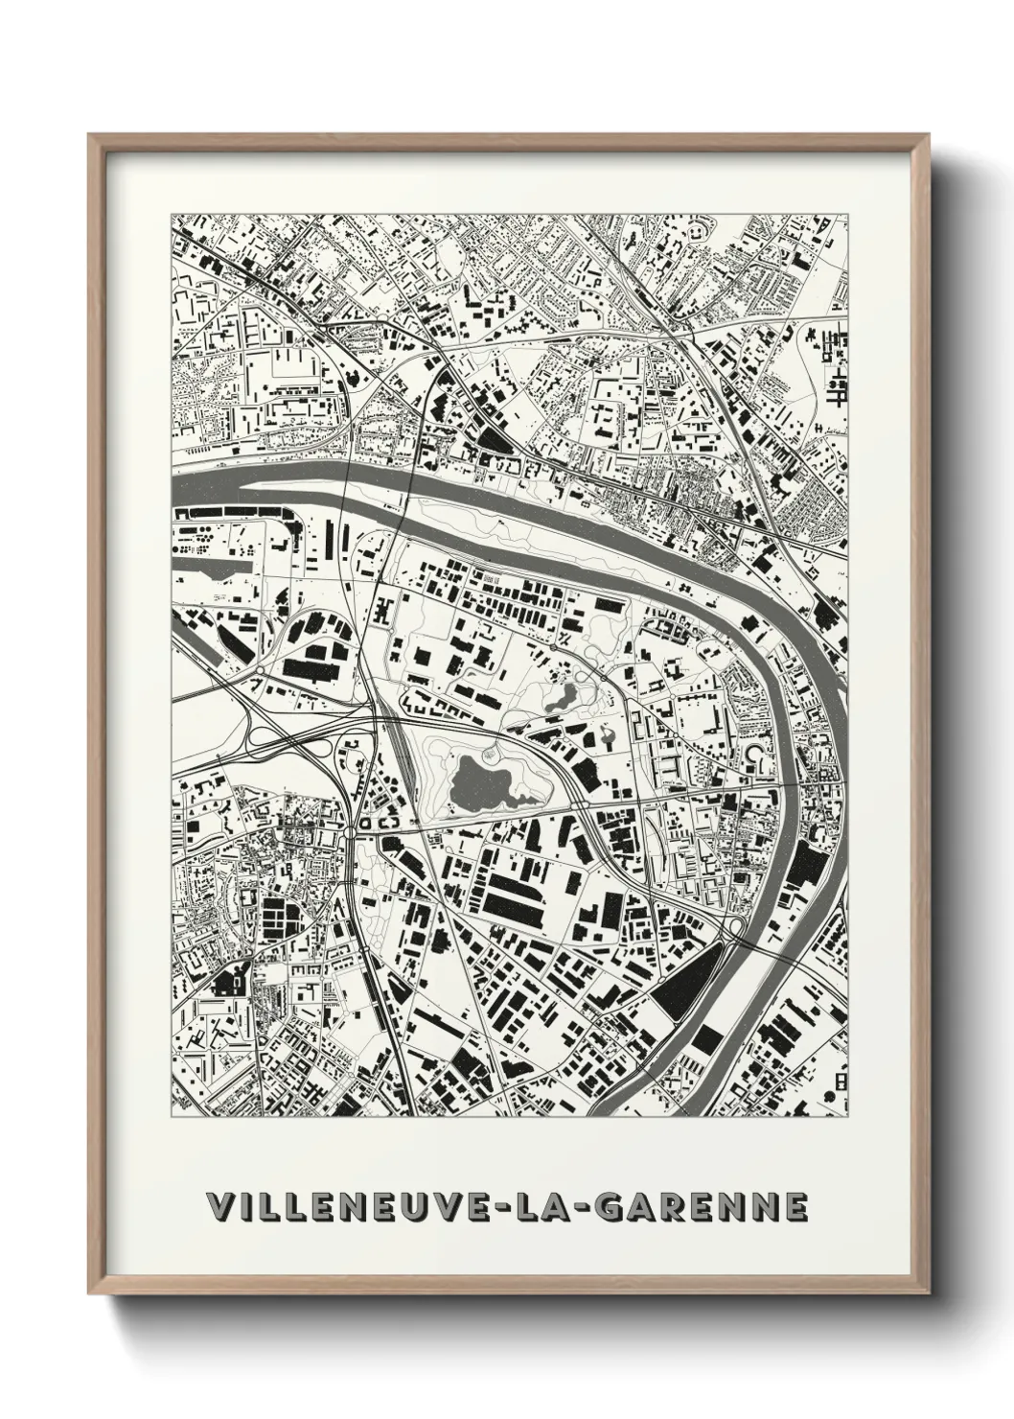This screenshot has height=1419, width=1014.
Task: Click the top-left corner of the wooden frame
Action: click(x=92, y=137)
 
